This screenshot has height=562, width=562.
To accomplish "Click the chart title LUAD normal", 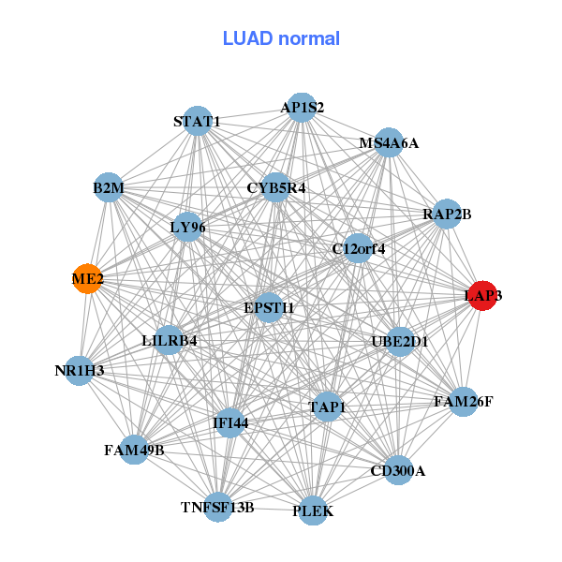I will (281, 38).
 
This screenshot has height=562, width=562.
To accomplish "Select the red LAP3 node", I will (481, 295).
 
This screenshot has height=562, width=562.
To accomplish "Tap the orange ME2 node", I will (87, 278).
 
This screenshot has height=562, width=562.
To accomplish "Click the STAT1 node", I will (197, 122).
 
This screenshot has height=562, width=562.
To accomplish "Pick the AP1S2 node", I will (302, 108).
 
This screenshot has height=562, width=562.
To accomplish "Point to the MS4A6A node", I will (389, 143).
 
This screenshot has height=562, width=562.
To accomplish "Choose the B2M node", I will (109, 187).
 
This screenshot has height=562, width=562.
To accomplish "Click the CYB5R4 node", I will (275, 187).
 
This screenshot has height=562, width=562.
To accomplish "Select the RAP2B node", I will (447, 214).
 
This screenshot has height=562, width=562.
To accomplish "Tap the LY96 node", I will (187, 227).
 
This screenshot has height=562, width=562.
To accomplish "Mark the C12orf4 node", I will (358, 248).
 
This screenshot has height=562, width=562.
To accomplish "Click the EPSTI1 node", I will (269, 307).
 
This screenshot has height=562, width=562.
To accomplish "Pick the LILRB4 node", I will (170, 340).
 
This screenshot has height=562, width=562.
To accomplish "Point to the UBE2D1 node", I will (399, 342).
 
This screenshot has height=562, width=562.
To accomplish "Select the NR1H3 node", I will (80, 370).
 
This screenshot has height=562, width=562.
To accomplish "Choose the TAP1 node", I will (327, 407).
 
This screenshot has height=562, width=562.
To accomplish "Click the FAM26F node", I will (463, 402).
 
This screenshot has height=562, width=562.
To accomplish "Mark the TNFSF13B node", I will (217, 507).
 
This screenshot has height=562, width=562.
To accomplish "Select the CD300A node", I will (397, 470).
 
